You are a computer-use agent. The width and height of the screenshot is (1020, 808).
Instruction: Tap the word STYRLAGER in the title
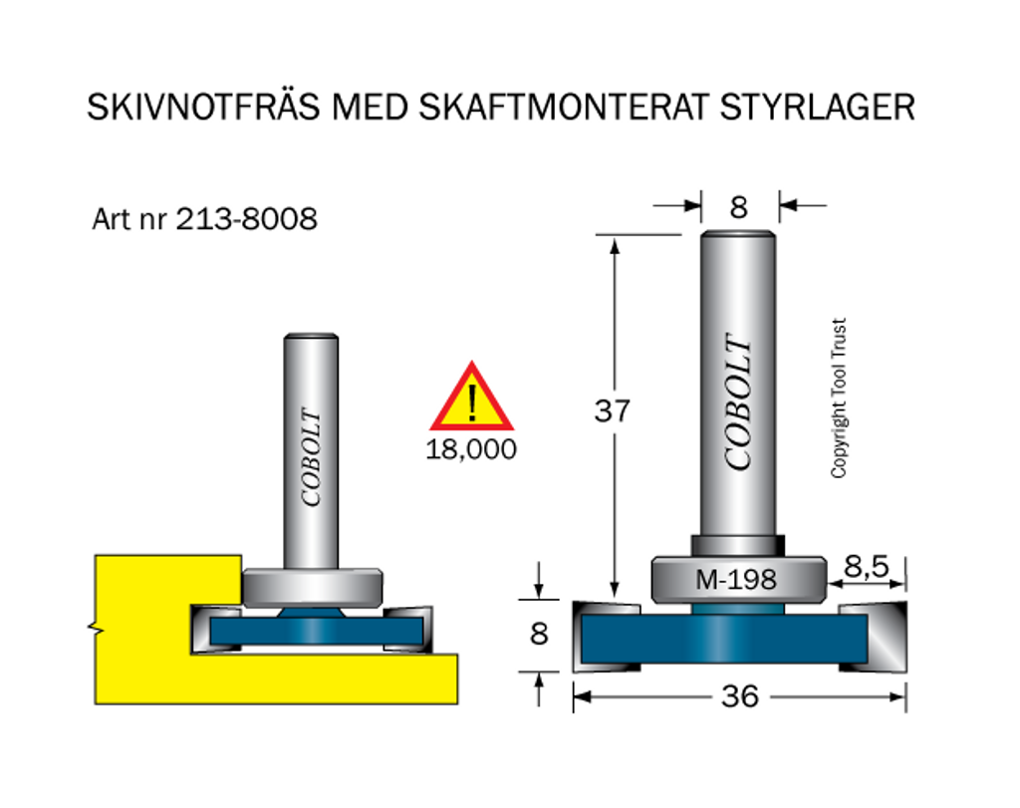point(817,108)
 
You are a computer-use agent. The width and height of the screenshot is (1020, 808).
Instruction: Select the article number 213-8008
point(247,219)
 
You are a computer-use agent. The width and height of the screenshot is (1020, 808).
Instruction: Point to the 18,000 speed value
point(471,449)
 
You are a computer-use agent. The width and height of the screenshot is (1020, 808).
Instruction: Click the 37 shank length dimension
point(613,411)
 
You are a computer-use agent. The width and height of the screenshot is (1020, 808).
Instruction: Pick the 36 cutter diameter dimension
point(740,696)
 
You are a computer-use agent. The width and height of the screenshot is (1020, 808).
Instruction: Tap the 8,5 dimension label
point(866,567)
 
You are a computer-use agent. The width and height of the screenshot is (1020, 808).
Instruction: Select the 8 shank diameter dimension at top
point(738,207)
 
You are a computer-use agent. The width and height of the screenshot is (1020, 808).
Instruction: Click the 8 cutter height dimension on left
point(539,634)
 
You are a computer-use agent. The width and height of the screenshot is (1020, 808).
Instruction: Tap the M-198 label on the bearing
point(736,579)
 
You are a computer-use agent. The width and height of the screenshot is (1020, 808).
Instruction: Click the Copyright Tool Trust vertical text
point(839,399)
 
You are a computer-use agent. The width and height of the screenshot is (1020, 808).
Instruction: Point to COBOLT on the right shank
point(738,402)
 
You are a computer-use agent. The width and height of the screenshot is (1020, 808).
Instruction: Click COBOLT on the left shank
point(311,456)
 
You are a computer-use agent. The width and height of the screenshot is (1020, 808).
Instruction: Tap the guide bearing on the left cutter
point(312,588)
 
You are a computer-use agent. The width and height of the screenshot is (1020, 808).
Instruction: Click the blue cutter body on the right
point(724,639)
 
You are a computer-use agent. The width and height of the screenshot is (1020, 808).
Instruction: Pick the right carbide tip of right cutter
point(874,637)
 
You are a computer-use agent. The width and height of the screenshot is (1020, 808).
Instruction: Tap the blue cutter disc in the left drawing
point(316,631)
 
